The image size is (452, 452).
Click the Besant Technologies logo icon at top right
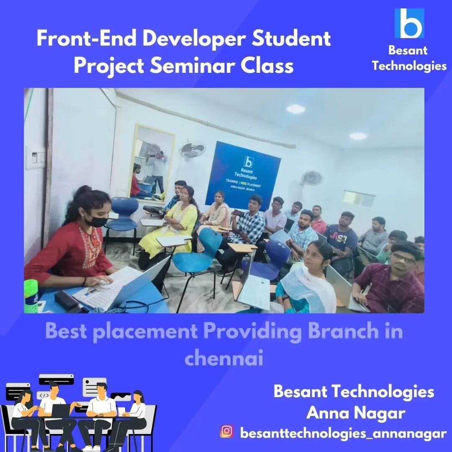click(x=409, y=23)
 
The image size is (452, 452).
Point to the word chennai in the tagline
click(x=224, y=359)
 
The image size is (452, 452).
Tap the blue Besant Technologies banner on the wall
click(x=242, y=175)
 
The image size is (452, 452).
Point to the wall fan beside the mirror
click(x=192, y=150)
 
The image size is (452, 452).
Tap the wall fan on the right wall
click(x=312, y=177)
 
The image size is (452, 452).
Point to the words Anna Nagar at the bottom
click(x=355, y=413)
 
